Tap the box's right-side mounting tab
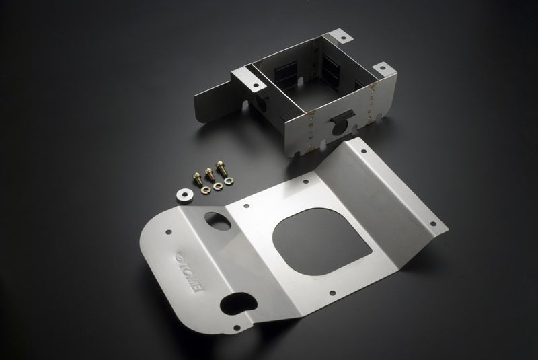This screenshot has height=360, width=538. [381, 69]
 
